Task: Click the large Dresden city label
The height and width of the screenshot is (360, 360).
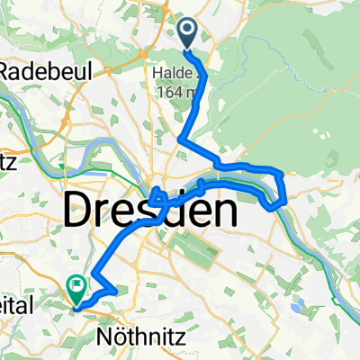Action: (150, 212)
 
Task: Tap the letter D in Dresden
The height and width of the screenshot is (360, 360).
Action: (80, 212)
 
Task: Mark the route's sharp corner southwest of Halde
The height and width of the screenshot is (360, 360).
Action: (182, 139)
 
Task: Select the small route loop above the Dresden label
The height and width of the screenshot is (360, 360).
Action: (157, 194)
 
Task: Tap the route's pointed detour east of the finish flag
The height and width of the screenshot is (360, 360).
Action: (112, 290)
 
